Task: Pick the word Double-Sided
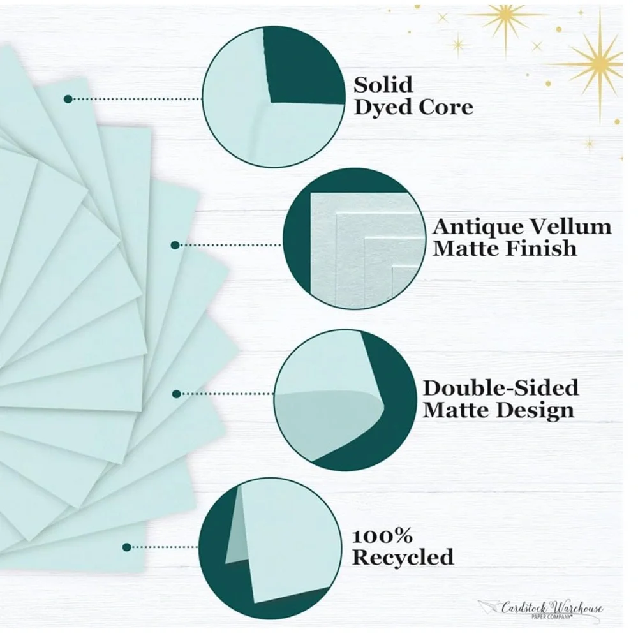(x=501, y=388)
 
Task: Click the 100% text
(x=382, y=537)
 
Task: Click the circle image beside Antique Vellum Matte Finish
(x=354, y=239)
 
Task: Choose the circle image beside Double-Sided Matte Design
(x=345, y=401)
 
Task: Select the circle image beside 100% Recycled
(x=271, y=549)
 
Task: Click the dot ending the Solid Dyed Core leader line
(x=68, y=99)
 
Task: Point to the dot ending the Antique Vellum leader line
(x=175, y=245)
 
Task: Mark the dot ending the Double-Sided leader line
(x=177, y=394)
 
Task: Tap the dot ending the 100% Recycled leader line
(x=126, y=547)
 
